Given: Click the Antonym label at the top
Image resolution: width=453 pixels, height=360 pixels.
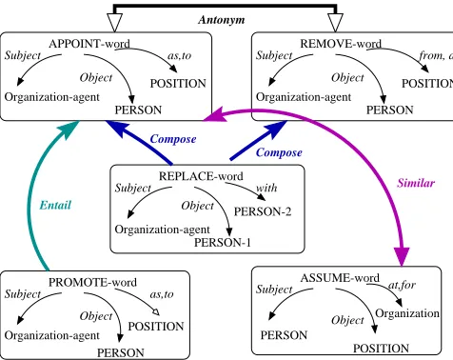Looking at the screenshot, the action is point(222,20).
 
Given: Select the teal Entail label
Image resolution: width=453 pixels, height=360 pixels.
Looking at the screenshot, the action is point(55,205).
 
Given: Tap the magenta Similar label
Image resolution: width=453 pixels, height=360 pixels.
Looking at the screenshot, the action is point(416,183).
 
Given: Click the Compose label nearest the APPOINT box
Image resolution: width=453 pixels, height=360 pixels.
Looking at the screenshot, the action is point(173,139).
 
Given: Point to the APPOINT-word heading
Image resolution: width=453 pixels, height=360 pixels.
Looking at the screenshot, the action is point(89,44).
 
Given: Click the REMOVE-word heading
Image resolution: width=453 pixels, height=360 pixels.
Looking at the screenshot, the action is point(341,44).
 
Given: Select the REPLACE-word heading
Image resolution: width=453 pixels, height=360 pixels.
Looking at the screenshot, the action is point(201,176).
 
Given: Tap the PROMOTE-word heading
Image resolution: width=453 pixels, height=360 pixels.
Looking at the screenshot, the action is point(92,282).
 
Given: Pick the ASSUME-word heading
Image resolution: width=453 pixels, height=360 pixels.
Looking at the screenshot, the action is point(340,278).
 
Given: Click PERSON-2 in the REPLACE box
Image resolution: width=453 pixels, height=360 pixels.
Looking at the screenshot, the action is point(263,211).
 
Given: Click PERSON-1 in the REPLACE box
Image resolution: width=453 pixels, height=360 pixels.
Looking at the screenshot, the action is point(223,243).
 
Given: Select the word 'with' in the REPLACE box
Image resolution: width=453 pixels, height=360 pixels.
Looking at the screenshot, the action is point(266,188).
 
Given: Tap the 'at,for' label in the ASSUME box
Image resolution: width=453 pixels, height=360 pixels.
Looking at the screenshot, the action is point(402,285).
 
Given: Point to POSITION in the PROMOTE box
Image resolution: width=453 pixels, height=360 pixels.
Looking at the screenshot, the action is point(156,327).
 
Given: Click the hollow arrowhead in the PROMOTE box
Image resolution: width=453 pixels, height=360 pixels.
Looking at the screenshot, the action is point(156,312).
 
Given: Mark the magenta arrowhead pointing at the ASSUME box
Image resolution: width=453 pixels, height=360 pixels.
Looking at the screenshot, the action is point(402,256).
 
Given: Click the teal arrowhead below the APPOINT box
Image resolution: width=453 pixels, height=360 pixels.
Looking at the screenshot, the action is point(69,130).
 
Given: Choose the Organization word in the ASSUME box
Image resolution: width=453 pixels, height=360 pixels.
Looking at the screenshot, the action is point(407,313).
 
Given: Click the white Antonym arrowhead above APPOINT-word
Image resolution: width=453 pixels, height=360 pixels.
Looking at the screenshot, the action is point(114,22).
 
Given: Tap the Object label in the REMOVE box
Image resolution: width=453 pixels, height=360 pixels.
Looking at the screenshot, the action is point(347,78).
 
